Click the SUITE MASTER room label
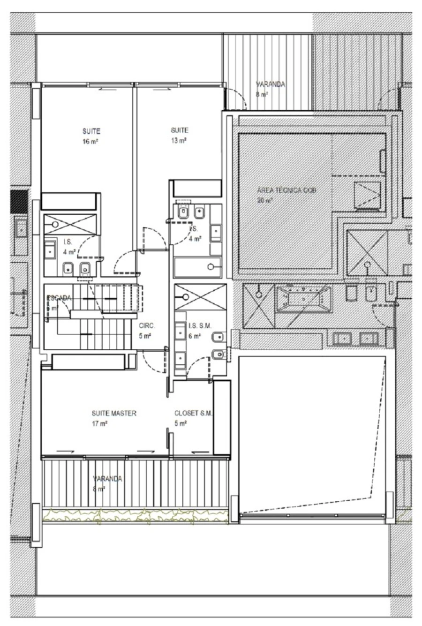click(114, 414)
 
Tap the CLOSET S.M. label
click(193, 414)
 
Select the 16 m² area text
click(92, 141)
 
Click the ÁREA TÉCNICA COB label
click(283, 191)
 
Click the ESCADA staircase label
click(59, 298)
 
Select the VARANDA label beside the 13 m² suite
click(271, 84)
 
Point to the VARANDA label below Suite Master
click(107, 479)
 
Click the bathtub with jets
click(304, 298)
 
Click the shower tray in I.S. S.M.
click(194, 296)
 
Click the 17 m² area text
click(100, 423)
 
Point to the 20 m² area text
click(265, 200)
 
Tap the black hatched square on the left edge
click(19, 200)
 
